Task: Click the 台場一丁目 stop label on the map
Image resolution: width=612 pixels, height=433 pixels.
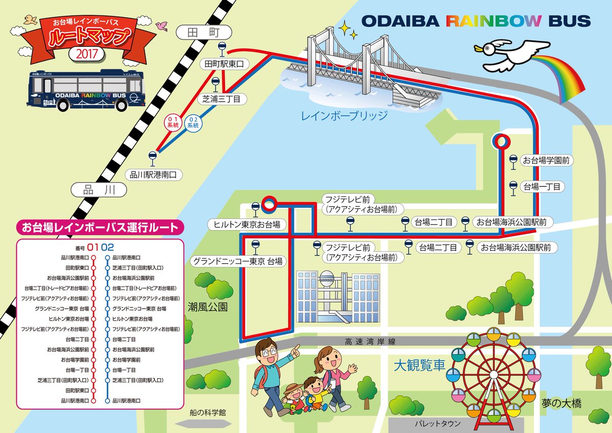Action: click(x=541, y=187)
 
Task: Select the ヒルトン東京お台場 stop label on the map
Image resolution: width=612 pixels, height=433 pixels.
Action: click(x=247, y=224)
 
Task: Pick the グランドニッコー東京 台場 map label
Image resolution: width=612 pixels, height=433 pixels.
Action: click(x=237, y=261)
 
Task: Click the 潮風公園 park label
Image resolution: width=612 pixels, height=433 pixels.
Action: click(x=207, y=307)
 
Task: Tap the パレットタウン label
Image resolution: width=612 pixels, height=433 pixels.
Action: click(x=437, y=424)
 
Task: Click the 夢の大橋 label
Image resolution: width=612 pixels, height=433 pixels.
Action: click(x=562, y=403)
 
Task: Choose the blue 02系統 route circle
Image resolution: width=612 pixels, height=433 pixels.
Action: click(x=192, y=123)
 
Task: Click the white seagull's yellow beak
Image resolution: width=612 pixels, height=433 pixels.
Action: click(x=478, y=49)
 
